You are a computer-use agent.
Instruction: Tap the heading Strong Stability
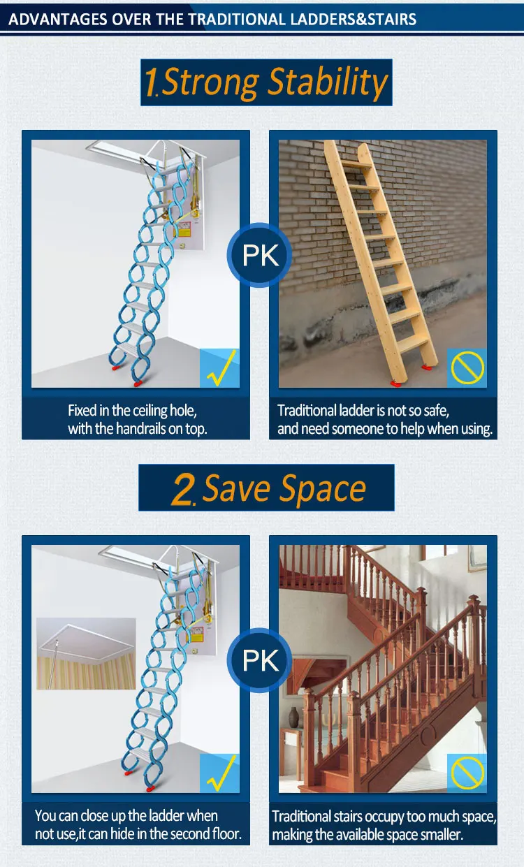point(275,83)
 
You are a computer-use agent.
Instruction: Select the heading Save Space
point(284,488)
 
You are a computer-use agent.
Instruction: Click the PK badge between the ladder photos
point(260,256)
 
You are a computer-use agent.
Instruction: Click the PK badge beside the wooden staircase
point(260,660)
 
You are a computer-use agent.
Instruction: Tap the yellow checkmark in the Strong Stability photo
point(219,368)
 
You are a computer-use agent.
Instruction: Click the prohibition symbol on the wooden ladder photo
point(467,368)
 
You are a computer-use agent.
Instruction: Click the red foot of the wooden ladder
point(397,381)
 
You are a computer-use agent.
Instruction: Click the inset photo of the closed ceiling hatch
point(86,653)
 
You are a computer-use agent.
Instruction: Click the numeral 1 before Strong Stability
point(151,83)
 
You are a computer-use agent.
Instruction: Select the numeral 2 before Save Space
point(183,490)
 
